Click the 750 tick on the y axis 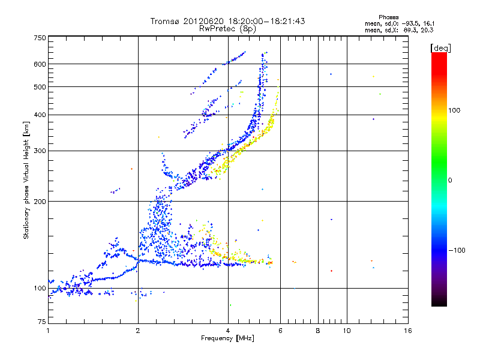click(x=40, y=37)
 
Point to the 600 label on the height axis click(x=40, y=64)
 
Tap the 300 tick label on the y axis click(x=40, y=151)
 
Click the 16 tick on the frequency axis click(x=408, y=331)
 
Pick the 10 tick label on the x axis click(x=346, y=331)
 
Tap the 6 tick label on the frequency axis click(x=280, y=331)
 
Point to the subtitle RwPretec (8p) click(x=228, y=28)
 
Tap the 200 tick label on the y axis click(x=40, y=201)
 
